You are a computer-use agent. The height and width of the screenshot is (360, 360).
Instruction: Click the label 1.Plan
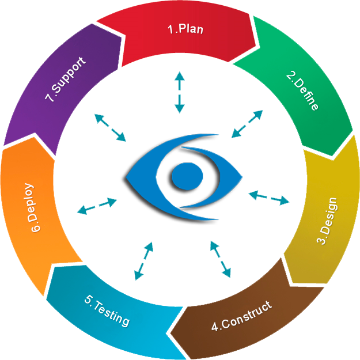tap(185, 29)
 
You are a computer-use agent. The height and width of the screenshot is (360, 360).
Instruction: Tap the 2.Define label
tap(302, 91)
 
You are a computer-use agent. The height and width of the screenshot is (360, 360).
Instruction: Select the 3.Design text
tap(328, 221)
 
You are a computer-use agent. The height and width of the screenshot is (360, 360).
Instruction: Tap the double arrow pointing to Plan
tap(180, 92)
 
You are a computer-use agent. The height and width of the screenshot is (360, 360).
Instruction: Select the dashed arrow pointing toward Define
tap(247, 124)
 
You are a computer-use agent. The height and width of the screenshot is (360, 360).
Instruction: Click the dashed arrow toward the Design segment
tap(268, 197)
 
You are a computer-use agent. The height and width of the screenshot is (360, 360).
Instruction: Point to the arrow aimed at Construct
tap(220, 259)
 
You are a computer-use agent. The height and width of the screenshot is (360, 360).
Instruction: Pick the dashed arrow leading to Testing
tap(143, 261)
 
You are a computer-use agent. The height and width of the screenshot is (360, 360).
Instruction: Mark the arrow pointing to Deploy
tap(97, 205)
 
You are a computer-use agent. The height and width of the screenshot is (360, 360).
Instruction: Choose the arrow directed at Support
tap(110, 127)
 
